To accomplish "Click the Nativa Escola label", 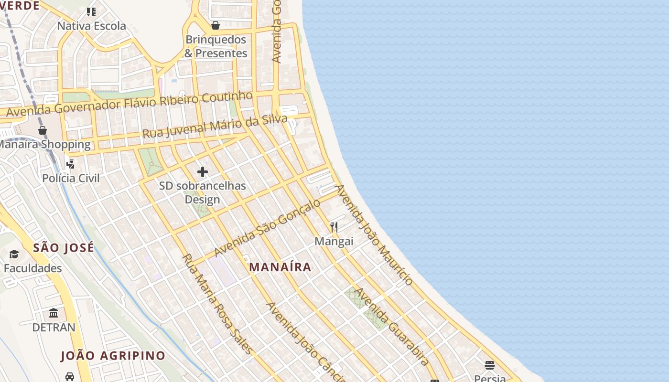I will (x=92, y=26).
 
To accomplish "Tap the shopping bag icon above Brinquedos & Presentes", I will (x=216, y=25).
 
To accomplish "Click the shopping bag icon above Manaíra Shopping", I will (x=43, y=130).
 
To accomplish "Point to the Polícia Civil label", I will (x=71, y=178).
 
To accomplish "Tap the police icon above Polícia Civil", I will (x=71, y=164).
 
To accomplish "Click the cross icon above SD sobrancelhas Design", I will (x=203, y=172).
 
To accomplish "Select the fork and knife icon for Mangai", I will (x=334, y=227).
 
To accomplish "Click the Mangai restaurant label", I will (x=334, y=241).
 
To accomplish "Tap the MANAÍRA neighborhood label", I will (x=281, y=267).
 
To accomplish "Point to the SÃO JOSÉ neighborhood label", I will (x=64, y=248).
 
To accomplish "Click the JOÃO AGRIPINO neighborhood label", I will (x=113, y=356).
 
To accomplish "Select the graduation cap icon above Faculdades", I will (x=14, y=255).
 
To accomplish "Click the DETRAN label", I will (x=54, y=328).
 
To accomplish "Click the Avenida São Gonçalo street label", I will (x=268, y=227).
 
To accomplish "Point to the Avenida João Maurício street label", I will (x=374, y=235).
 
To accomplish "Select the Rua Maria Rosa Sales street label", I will (x=218, y=304).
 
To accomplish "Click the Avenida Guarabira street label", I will (x=392, y=327).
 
